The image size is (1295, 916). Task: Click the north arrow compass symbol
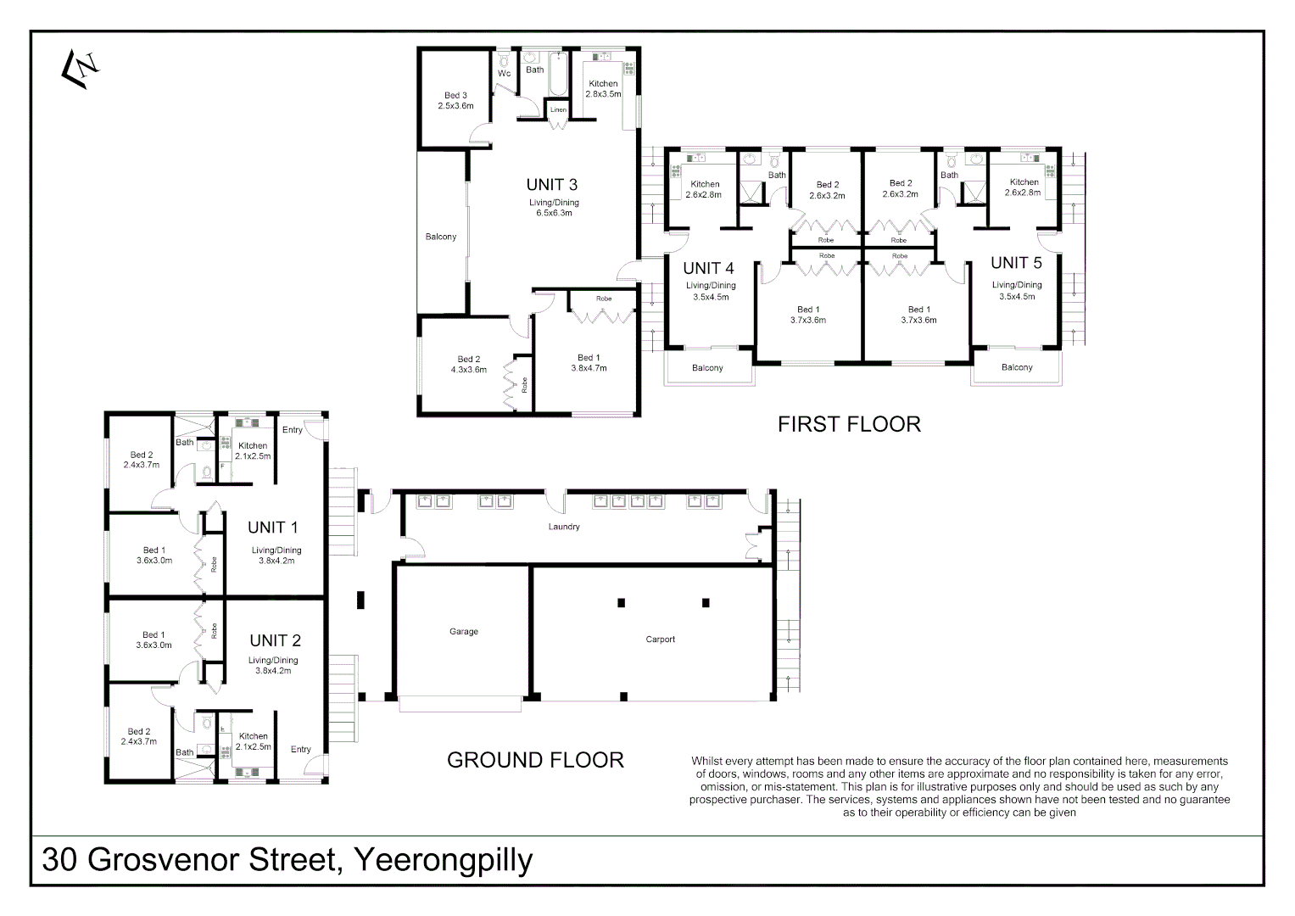coord(81,67)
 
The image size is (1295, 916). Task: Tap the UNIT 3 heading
coord(551,185)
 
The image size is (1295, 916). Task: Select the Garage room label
coord(464,632)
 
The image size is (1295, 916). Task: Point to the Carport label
coord(660,640)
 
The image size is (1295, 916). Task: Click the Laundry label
coord(564,527)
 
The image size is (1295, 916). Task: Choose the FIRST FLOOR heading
coord(849,424)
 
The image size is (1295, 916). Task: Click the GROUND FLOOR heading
coord(535,760)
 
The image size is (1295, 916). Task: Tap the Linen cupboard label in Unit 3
coord(557,110)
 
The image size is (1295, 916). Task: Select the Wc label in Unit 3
coord(504,74)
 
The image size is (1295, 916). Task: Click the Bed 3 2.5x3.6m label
coord(455,101)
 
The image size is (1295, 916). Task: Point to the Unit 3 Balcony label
coord(441,237)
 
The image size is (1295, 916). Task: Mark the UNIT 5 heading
coord(1016,263)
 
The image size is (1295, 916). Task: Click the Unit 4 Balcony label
coord(707,368)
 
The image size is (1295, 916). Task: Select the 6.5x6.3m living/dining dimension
coord(554,213)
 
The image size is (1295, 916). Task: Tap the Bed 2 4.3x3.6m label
coord(469,365)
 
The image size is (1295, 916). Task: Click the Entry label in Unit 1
coord(293,430)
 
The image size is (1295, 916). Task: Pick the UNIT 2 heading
coord(275,640)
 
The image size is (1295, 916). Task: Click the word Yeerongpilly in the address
coord(442,860)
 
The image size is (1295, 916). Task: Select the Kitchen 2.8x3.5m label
coord(603,89)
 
